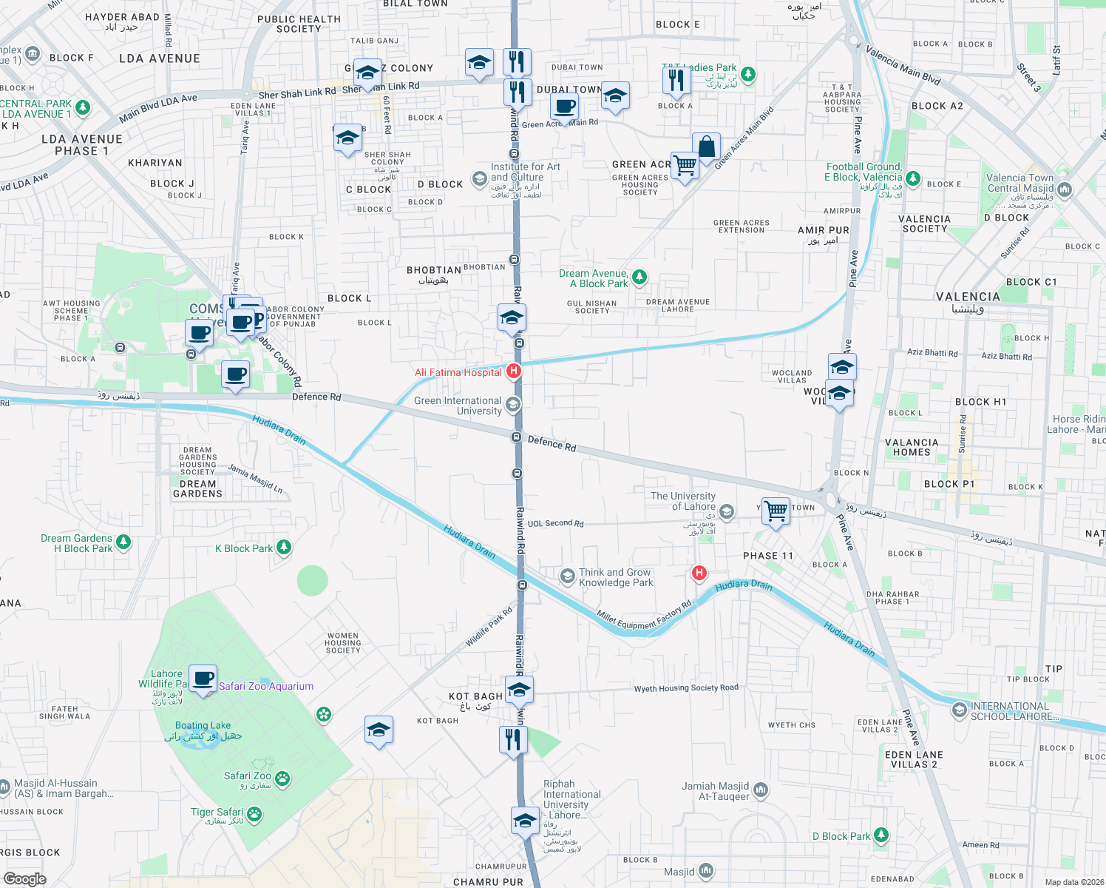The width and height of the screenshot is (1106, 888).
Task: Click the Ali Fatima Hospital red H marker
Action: pyautogui.click(x=514, y=371)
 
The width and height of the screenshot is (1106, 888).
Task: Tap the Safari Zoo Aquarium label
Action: pyautogui.click(x=266, y=686)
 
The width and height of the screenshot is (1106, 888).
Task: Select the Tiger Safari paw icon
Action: pyautogui.click(x=254, y=815)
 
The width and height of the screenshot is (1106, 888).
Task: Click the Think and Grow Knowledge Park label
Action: pyautogui.click(x=615, y=577)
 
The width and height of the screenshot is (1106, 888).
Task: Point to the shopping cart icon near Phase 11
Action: pyautogui.click(x=776, y=510)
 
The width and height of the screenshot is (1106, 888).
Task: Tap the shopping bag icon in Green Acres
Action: pyautogui.click(x=706, y=147)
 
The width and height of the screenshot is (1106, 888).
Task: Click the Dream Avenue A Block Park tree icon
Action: pyautogui.click(x=639, y=277)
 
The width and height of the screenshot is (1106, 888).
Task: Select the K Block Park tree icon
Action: pyautogui.click(x=284, y=548)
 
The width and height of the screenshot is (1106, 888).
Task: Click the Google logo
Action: pyautogui.click(x=24, y=878)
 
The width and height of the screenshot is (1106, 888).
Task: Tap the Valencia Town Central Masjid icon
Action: pyautogui.click(x=1065, y=189)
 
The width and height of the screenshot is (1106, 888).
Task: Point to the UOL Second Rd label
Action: pyautogui.click(x=555, y=523)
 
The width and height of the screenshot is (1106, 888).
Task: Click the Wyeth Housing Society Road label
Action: pyautogui.click(x=686, y=688)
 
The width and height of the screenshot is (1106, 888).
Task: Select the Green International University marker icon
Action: pyautogui.click(x=513, y=404)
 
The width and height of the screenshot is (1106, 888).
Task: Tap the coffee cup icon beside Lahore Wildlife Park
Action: pyautogui.click(x=203, y=678)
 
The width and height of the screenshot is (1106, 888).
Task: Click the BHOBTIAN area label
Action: pyautogui.click(x=434, y=270)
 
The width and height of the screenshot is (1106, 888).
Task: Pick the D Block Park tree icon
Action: pyautogui.click(x=881, y=835)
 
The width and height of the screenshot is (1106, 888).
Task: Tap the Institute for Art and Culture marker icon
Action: pyautogui.click(x=480, y=178)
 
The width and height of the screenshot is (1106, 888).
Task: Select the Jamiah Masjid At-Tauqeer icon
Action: pyautogui.click(x=761, y=790)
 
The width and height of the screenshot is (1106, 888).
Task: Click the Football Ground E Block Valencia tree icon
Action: pyautogui.click(x=913, y=178)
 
